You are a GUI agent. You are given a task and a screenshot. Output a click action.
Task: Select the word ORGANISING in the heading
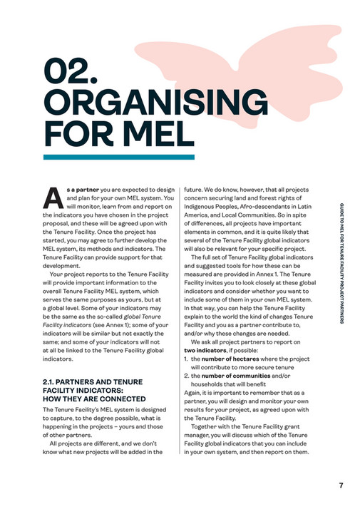tap(118, 103)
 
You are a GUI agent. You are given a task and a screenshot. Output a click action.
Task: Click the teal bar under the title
tap(118, 156)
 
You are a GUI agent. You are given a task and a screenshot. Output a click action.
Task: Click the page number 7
tap(341, 485)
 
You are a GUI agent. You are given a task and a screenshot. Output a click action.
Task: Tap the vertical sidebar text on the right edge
tap(341, 263)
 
